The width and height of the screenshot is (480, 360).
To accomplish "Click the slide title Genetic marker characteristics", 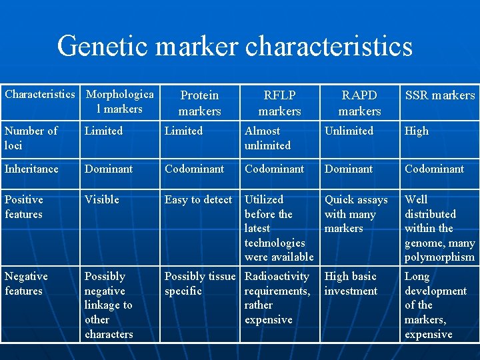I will (235, 47).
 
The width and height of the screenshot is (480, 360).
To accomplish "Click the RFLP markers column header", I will (279, 103).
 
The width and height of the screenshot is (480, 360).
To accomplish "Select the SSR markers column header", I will (440, 95).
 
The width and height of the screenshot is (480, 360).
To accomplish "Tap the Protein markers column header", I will (199, 103).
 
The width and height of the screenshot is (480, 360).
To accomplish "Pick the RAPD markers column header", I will (359, 103).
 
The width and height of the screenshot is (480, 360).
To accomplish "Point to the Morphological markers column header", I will (120, 101).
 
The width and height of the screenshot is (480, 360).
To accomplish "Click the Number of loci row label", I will (31, 138).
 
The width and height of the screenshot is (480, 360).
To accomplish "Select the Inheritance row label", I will (32, 169).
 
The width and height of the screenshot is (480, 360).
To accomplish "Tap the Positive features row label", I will (24, 207).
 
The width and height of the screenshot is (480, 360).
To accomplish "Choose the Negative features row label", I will (26, 283).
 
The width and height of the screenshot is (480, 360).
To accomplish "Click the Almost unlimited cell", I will (267, 138).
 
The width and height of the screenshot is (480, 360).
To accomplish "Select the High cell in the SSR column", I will (417, 131).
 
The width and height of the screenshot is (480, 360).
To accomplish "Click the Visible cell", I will (101, 199).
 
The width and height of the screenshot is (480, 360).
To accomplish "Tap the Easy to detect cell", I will (198, 199).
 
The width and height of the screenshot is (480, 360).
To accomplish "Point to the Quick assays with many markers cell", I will (355, 214).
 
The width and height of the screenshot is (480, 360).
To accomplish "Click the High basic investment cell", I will (351, 283).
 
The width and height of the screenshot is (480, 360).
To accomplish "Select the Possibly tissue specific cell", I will (199, 283).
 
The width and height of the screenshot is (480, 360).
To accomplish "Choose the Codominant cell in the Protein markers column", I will (194, 169).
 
